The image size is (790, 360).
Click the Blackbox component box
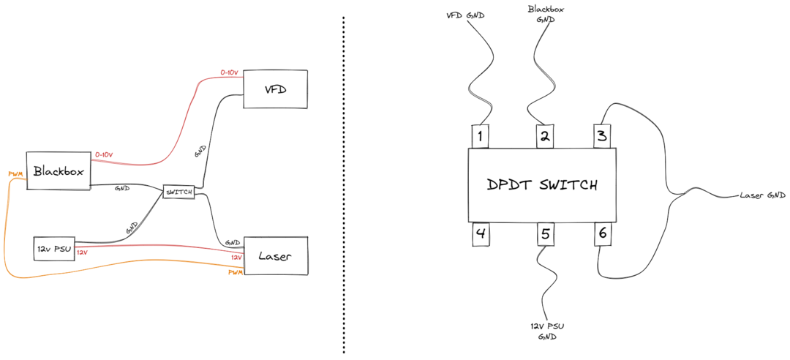pyautogui.click(x=57, y=171)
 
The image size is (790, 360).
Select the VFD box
pyautogui.click(x=275, y=89)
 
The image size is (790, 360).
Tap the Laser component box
pyautogui.click(x=276, y=256)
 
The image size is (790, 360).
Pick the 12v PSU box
pyautogui.click(x=53, y=248)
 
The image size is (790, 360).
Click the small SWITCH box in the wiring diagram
pyautogui.click(x=178, y=192)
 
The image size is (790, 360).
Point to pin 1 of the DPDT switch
pyautogui.click(x=479, y=135)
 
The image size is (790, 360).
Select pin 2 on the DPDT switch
pyautogui.click(x=544, y=135)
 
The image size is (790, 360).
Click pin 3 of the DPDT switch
pyautogui.click(x=601, y=135)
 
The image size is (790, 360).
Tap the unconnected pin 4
pyautogui.click(x=479, y=235)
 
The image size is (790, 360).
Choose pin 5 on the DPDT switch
pyautogui.click(x=544, y=235)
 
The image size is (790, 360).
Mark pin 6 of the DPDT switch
pyautogui.click(x=601, y=234)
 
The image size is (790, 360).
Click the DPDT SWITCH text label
pyautogui.click(x=542, y=184)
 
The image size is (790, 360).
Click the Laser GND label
pyautogui.click(x=762, y=195)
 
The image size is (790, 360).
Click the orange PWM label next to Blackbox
pyautogui.click(x=15, y=174)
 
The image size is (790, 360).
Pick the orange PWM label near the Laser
pyautogui.click(x=235, y=271)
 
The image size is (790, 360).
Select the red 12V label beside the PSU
pyautogui.click(x=82, y=252)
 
